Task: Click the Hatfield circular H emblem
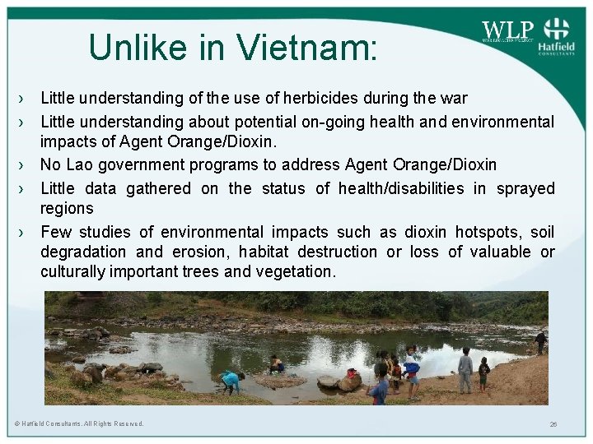[558, 29]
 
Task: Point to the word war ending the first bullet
[454, 99]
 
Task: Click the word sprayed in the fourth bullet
[525, 188]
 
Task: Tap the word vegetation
[298, 272]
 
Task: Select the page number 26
[553, 424]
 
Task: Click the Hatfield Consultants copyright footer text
[79, 423]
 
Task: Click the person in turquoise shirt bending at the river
[231, 381]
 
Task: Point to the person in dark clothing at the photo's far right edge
[540, 340]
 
